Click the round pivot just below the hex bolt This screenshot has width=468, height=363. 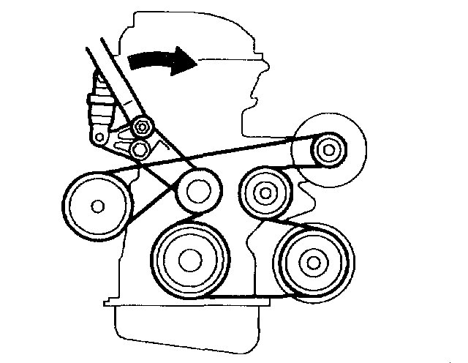pos(140,149)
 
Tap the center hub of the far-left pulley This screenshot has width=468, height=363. pos(96,206)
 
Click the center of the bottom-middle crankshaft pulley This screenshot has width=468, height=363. pos(189,258)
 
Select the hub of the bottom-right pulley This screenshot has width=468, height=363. pos(313,261)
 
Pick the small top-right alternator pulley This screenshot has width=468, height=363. pos(327,151)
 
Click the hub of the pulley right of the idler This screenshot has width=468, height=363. pos(264,193)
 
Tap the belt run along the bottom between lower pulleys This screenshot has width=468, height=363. pos(249,297)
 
